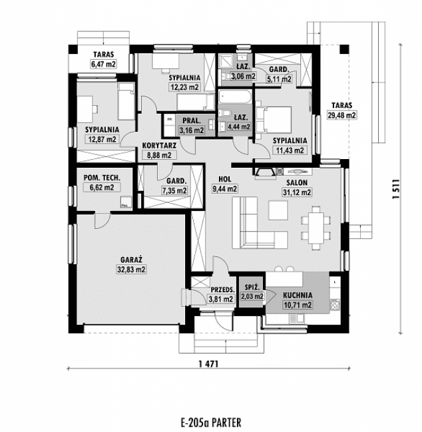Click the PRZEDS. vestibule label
221,290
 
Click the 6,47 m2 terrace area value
103,65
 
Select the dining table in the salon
315,226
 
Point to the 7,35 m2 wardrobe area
174,190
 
